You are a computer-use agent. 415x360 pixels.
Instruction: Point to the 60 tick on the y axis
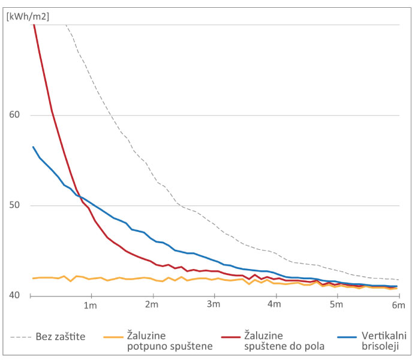tap(15, 115)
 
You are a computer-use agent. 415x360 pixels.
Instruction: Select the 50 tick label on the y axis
tap(15, 205)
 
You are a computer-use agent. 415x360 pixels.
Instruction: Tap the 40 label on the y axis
tap(15, 296)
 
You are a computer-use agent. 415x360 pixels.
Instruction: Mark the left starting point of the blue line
tap(33, 147)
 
